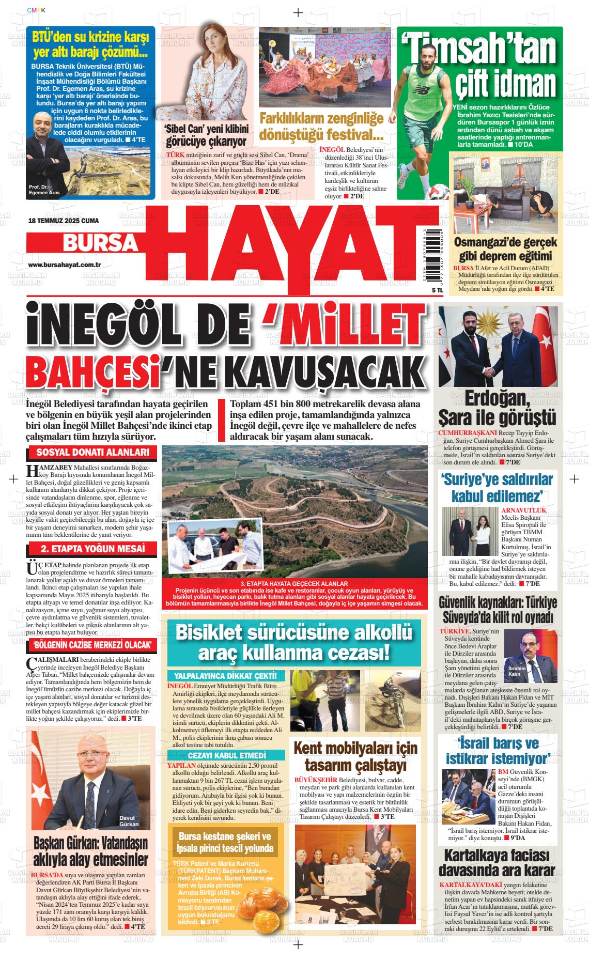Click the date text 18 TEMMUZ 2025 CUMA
pos(63,221)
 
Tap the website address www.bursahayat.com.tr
pos(64,265)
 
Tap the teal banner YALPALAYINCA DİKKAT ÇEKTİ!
pos(226,676)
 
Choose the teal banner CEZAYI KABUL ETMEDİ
pos(226,755)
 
